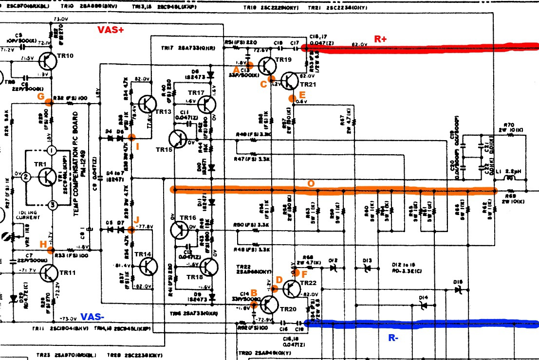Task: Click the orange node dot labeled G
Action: pos(49,102)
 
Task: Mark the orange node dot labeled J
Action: pos(130,229)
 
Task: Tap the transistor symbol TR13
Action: pos(147,104)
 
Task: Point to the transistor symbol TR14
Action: pos(148,266)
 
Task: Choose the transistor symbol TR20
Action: pos(268,304)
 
